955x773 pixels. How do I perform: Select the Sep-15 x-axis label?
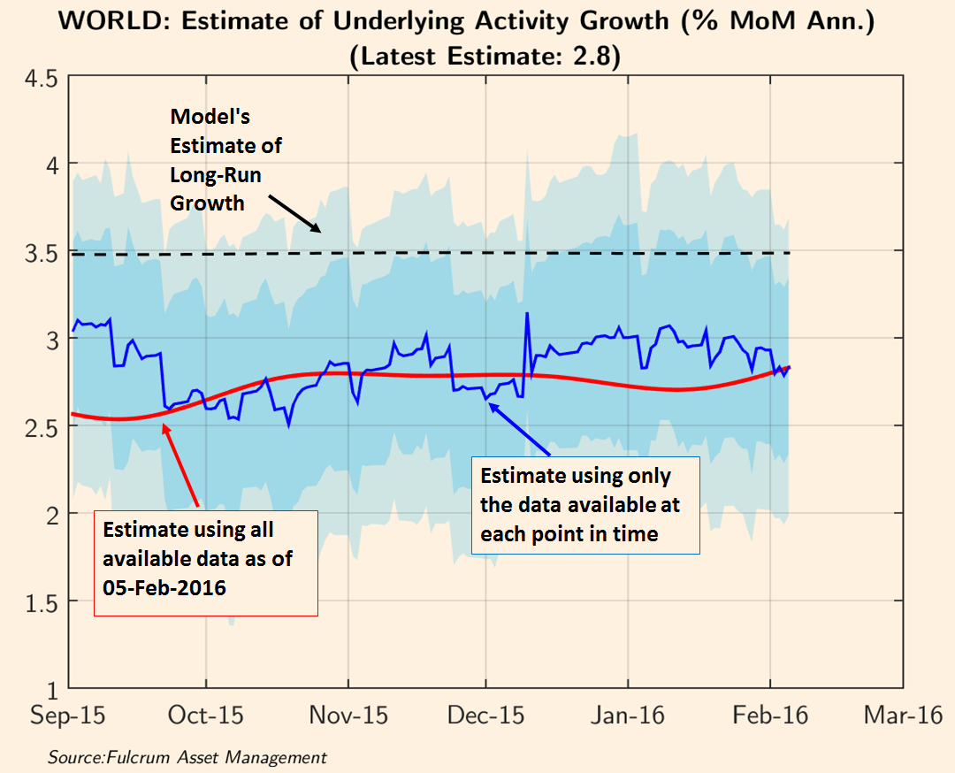tap(67, 716)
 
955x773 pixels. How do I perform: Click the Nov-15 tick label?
tap(348, 716)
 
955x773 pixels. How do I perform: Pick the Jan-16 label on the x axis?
tap(629, 716)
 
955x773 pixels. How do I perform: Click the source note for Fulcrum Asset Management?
tap(187, 757)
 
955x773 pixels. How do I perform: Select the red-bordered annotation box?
tap(205, 562)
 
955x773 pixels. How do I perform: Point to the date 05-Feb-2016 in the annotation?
tap(164, 586)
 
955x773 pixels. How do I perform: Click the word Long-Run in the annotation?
tap(216, 174)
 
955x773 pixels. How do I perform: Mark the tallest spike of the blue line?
tap(527, 313)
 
